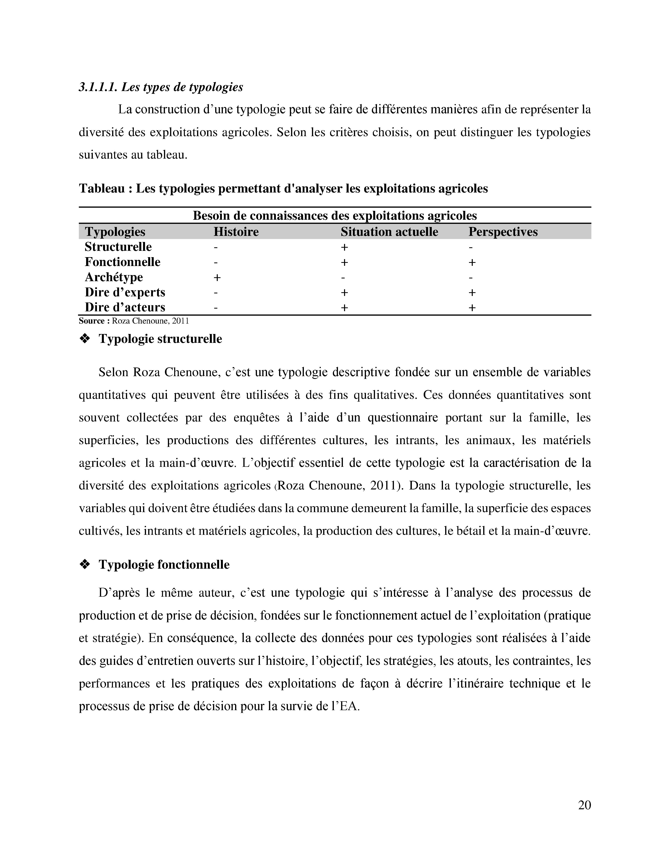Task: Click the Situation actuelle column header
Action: click(x=389, y=232)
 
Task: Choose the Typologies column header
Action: click(x=115, y=232)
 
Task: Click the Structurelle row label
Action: click(x=118, y=247)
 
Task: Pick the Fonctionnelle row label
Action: click(x=122, y=262)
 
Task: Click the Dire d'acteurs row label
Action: click(x=125, y=307)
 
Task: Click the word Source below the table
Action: click(x=91, y=321)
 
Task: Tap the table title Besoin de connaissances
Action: click(x=335, y=216)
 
